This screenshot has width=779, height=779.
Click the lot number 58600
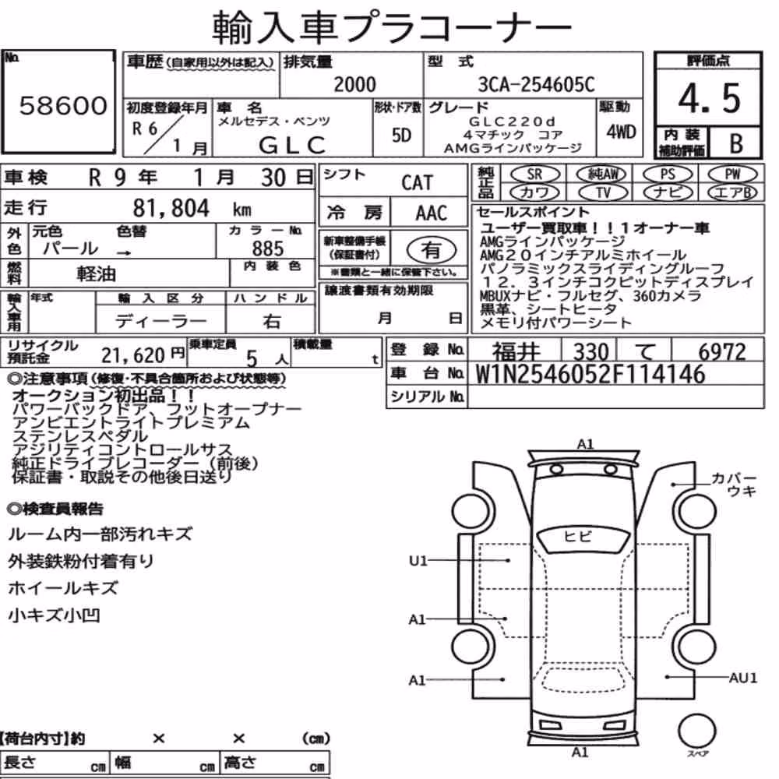[x=63, y=105]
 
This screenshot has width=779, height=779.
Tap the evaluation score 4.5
[x=709, y=98]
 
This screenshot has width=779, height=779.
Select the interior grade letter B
[x=736, y=143]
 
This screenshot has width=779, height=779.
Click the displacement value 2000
[x=354, y=84]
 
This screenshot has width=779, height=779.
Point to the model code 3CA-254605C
[x=536, y=84]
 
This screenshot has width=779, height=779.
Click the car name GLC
[x=292, y=146]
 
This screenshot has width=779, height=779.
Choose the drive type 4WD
[x=621, y=132]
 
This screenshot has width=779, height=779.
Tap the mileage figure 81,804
[x=171, y=208]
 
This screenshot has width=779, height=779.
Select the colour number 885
[x=268, y=249]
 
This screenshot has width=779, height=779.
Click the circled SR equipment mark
[x=535, y=174]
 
